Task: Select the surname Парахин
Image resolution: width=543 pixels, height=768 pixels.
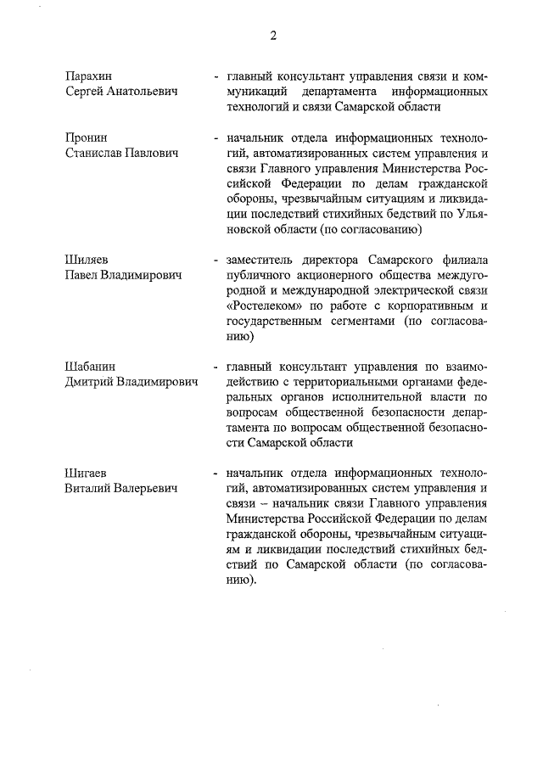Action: (x=88, y=76)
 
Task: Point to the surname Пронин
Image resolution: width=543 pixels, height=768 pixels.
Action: (x=86, y=137)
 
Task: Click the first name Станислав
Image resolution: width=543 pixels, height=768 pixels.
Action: (x=97, y=152)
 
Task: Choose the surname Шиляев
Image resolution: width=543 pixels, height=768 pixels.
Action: (x=86, y=261)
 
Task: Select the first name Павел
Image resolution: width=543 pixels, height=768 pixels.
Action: (x=83, y=276)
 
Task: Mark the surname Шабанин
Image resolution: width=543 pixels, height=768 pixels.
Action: (x=90, y=367)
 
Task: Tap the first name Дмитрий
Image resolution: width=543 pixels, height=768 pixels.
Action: (x=91, y=383)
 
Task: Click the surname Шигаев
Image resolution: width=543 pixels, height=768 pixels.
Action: (x=86, y=474)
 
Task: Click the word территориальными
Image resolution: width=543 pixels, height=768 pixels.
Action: (x=325, y=383)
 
